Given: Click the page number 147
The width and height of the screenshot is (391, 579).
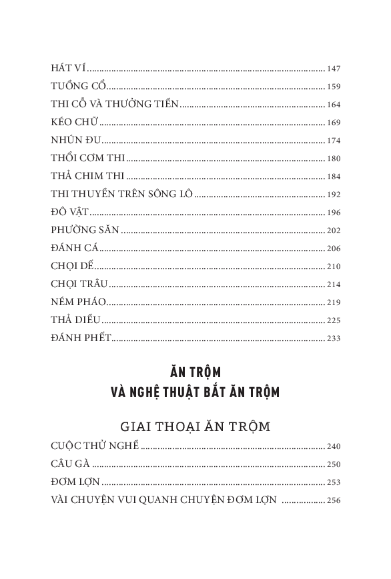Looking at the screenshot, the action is pyautogui.click(x=334, y=69).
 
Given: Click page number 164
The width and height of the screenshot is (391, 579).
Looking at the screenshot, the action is pyautogui.click(x=334, y=105).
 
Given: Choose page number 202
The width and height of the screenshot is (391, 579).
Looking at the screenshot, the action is pyautogui.click(x=334, y=231).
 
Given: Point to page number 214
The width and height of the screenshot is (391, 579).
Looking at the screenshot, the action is pyautogui.click(x=334, y=285).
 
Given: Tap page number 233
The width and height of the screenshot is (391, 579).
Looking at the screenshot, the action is pyautogui.click(x=334, y=338).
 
